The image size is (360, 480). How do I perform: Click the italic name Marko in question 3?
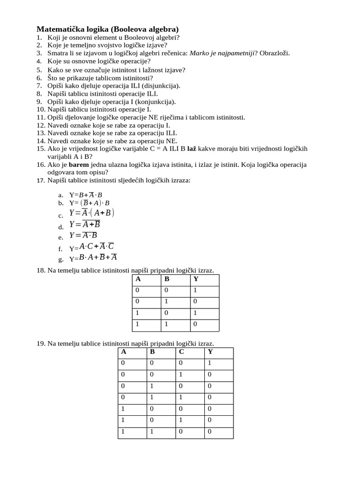199,53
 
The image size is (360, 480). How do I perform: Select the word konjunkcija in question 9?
157,102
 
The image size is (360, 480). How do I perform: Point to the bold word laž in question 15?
191,149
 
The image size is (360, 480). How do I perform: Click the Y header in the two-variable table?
196,279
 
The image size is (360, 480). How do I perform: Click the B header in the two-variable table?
166,279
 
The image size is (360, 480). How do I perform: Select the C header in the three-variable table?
181,352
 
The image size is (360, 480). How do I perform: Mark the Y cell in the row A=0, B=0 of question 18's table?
196,291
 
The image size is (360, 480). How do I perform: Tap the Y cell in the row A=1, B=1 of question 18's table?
196,324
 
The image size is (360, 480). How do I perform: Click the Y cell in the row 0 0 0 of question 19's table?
210,363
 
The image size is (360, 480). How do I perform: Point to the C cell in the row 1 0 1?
181,420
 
